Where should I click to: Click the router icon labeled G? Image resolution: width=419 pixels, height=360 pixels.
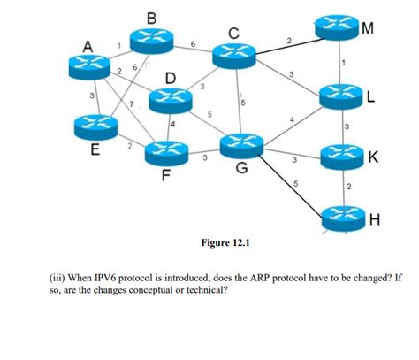[242, 142]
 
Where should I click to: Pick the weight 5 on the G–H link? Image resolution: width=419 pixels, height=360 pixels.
[295, 183]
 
